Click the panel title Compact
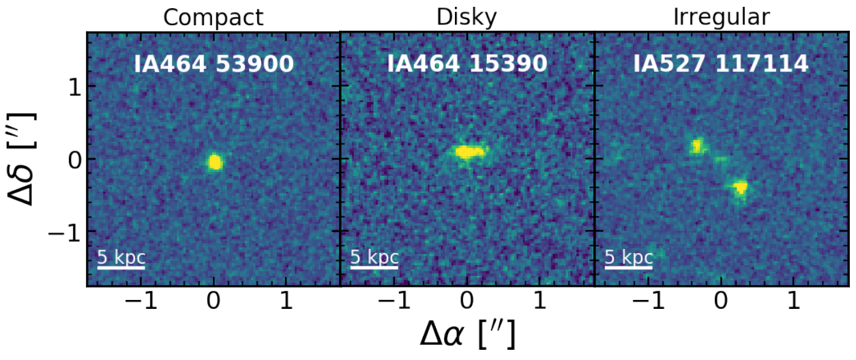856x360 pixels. pos(213,18)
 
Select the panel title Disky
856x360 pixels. pos(467,18)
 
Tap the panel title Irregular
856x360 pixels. pos(722,18)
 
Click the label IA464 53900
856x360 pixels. pos(213,63)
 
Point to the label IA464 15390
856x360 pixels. pos(467,63)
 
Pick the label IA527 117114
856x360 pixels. pos(721,63)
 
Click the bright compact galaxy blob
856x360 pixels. pos(215,162)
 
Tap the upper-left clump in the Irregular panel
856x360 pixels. pos(698,146)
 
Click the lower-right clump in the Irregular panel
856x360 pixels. pos(741,187)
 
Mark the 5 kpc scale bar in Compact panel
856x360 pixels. pos(121,267)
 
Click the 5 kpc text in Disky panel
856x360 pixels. pos(374,257)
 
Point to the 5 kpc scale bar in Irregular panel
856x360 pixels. pos(629,267)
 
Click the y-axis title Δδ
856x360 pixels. pos(22,159)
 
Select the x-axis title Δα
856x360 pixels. pos(467,333)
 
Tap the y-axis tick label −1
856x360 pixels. pos(65,232)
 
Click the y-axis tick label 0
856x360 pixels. pos(75,160)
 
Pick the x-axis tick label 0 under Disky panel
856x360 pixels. pos(467,301)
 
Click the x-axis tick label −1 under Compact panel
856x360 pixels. pos(141,301)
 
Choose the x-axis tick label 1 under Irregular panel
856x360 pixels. pos(794,301)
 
